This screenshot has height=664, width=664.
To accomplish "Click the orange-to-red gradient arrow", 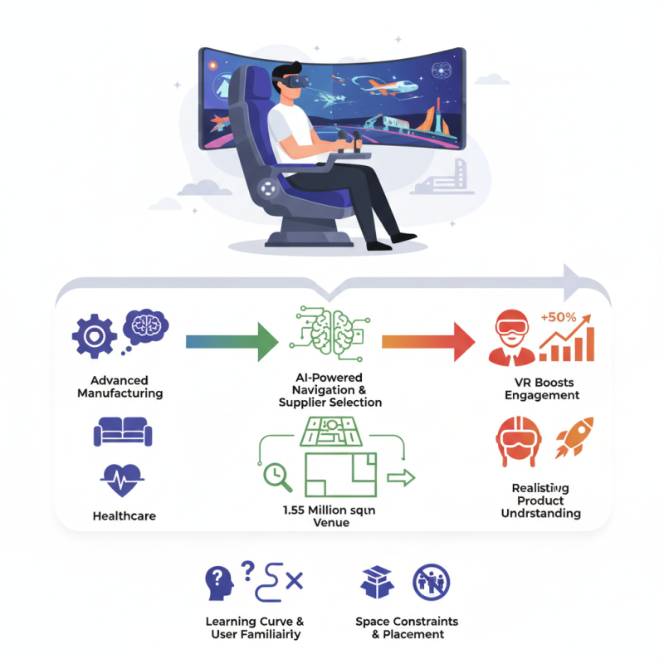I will (x=428, y=341).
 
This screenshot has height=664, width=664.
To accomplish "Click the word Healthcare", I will (x=124, y=516).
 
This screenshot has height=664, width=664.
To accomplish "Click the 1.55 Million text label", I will (x=330, y=511).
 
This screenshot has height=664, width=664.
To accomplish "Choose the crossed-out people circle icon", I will (x=432, y=583).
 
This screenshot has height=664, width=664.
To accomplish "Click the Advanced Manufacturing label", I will (x=120, y=387).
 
